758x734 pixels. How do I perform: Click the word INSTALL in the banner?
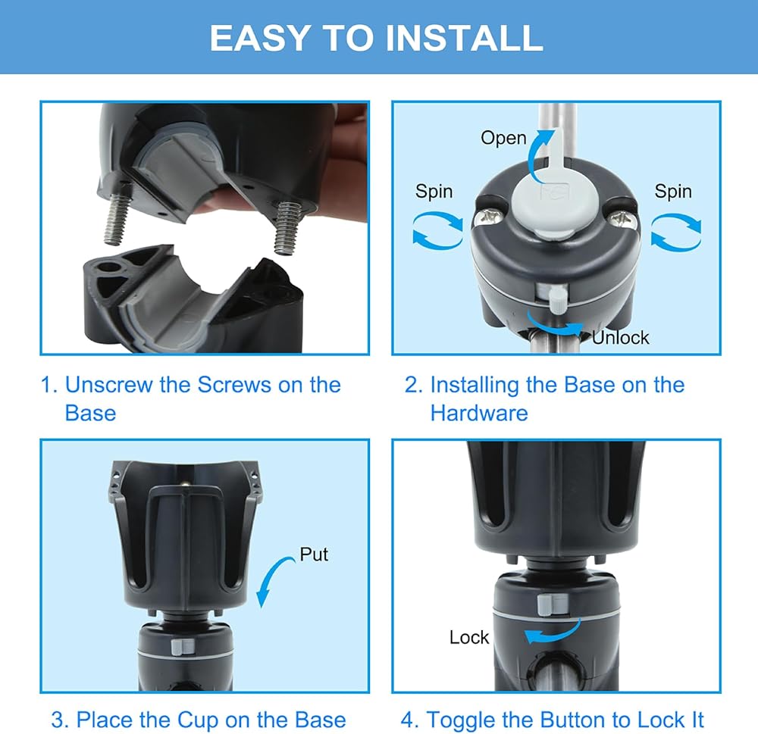[465, 38]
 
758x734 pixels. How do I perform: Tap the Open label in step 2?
[503, 138]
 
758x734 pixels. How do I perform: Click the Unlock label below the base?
[621, 338]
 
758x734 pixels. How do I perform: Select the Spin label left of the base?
[434, 192]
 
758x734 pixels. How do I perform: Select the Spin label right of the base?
[673, 192]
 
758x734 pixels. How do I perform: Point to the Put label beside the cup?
[314, 554]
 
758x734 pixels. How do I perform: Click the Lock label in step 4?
[469, 637]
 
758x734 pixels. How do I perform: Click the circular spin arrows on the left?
[437, 232]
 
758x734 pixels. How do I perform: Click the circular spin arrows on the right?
[676, 233]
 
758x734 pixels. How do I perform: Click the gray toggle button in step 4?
[547, 605]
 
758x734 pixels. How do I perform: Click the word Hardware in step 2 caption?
[479, 413]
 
